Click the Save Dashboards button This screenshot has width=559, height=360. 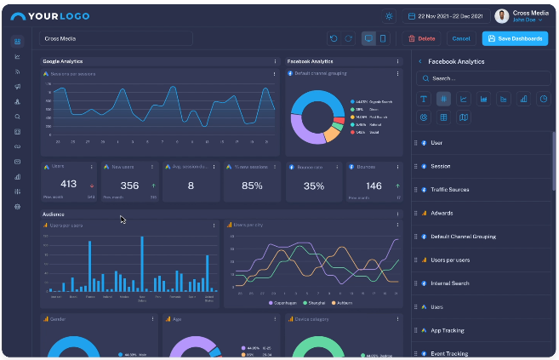(x=515, y=38)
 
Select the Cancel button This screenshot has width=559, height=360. (x=460, y=38)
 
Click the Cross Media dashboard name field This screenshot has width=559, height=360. (x=116, y=38)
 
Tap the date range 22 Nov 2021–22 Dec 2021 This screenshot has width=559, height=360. (x=448, y=16)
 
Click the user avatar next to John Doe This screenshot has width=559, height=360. (x=502, y=16)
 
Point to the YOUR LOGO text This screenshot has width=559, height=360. (x=57, y=16)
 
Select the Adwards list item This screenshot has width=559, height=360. (x=442, y=213)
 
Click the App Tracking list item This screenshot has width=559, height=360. (x=447, y=329)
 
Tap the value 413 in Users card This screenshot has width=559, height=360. (x=69, y=185)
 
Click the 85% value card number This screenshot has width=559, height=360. (x=252, y=186)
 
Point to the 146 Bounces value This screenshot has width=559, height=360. (x=374, y=186)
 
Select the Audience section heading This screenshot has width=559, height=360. (x=53, y=214)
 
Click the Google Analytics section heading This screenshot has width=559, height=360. (x=62, y=61)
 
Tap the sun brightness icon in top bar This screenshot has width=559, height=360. (x=390, y=16)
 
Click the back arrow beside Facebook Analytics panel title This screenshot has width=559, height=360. (x=419, y=61)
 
